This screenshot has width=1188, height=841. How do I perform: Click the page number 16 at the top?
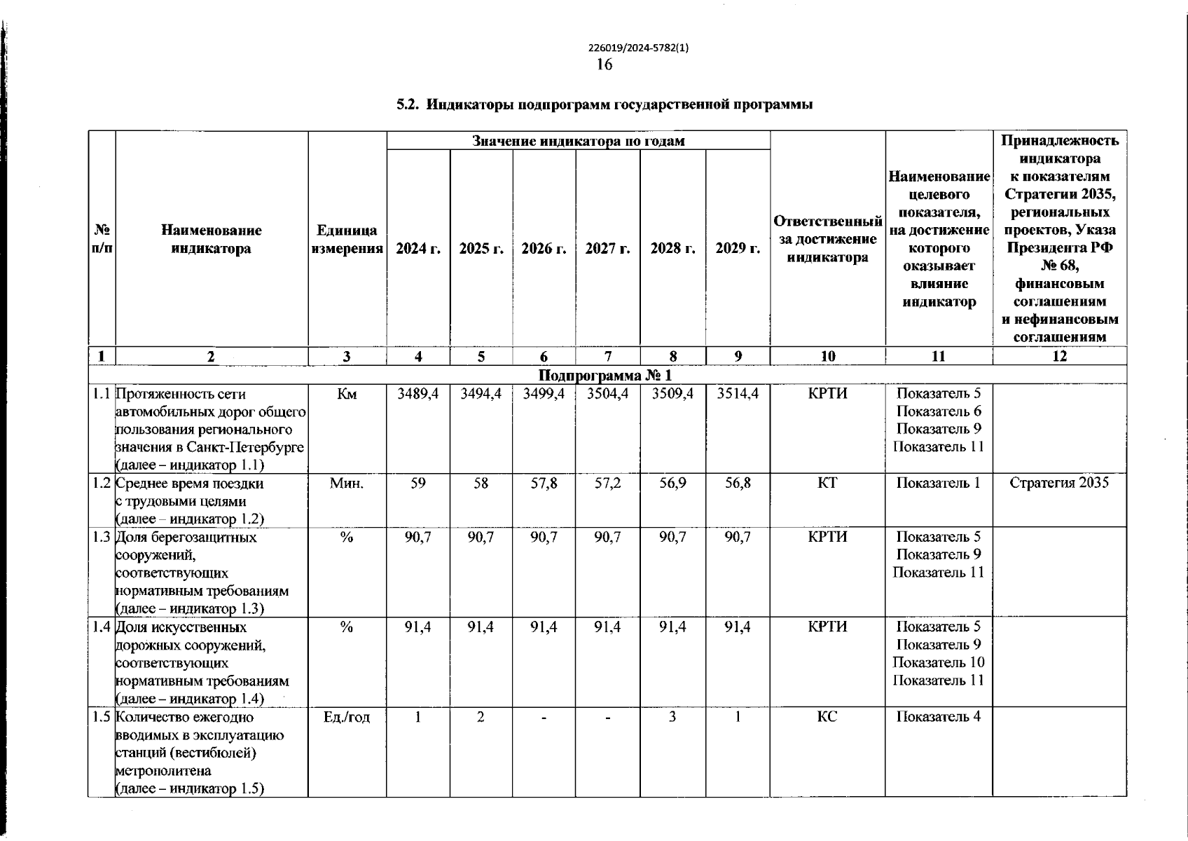604,64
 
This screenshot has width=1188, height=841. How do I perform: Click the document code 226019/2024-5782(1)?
638,48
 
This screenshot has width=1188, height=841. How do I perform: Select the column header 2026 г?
544,249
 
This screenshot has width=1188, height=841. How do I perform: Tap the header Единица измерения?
347,240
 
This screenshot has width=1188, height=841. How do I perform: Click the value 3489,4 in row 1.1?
417,394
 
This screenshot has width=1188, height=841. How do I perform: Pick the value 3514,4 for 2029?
738,394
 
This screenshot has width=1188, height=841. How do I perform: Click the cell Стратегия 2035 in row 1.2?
1059,483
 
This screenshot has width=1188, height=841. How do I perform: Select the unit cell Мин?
347,483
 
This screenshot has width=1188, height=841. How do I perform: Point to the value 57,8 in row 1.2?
544,483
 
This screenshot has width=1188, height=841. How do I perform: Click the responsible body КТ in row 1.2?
827,483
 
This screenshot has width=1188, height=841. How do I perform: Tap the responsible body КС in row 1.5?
827,717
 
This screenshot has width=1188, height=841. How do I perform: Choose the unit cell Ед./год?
347,717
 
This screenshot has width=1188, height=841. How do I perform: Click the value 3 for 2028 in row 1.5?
672,717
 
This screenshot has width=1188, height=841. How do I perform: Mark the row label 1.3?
102,538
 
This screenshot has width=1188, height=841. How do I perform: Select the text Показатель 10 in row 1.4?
939,662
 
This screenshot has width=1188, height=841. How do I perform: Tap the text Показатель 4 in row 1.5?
939,717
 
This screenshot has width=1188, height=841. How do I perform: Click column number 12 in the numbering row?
1059,356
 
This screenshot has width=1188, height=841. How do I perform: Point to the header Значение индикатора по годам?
578,141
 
